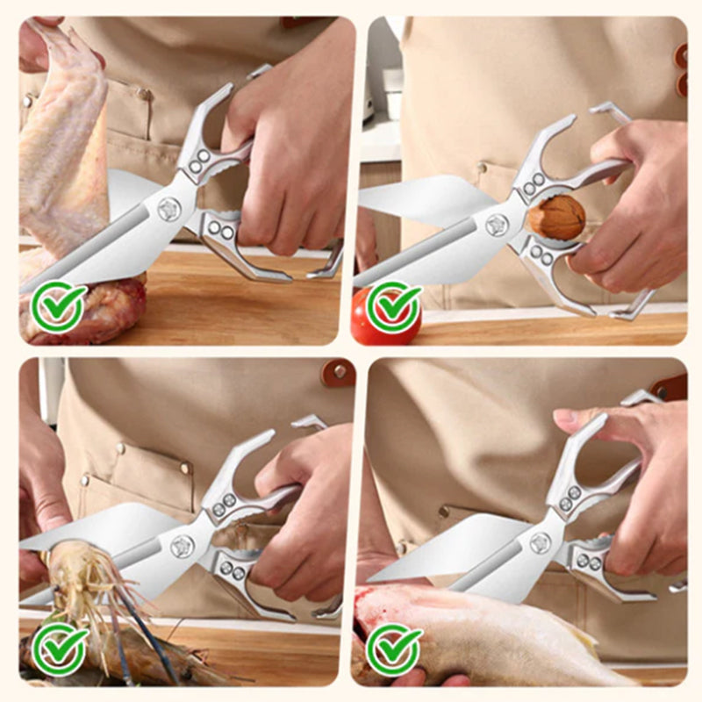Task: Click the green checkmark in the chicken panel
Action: click(x=59, y=307)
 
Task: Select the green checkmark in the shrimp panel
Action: click(x=59, y=649)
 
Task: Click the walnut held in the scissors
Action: click(x=555, y=217)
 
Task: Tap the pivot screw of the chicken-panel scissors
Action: click(x=168, y=209)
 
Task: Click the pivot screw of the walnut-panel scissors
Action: click(x=498, y=225)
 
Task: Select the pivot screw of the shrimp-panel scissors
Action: click(x=182, y=546)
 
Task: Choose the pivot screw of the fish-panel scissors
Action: click(x=541, y=543)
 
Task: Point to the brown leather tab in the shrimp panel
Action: click(x=338, y=374)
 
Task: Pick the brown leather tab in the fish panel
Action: click(x=671, y=386)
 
